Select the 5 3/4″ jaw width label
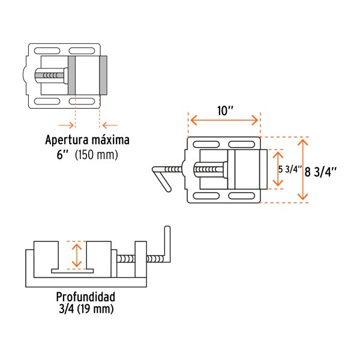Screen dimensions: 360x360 point(289,169)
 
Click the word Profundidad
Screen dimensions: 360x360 point(85,297)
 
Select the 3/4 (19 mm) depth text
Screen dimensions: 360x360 point(85,309)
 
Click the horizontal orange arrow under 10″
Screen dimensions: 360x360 point(225,121)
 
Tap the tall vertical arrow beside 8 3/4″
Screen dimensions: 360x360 point(304,169)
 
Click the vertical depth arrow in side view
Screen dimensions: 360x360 point(76,255)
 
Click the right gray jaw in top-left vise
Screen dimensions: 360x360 point(103,76)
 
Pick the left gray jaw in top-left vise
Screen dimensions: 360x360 point(72,76)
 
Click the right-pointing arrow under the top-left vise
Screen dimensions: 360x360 point(66,125)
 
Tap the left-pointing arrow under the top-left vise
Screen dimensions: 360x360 point(109,125)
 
